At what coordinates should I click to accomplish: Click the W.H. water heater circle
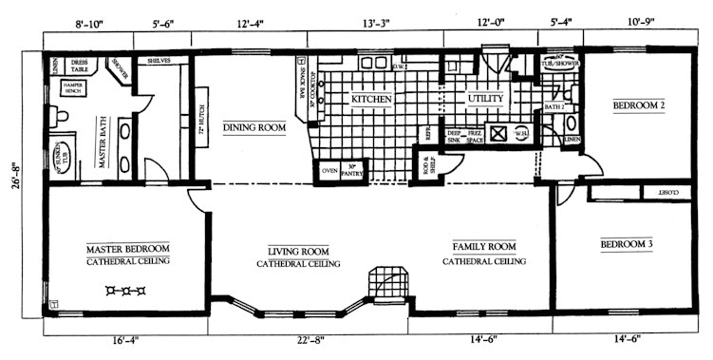pos(521,134)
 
